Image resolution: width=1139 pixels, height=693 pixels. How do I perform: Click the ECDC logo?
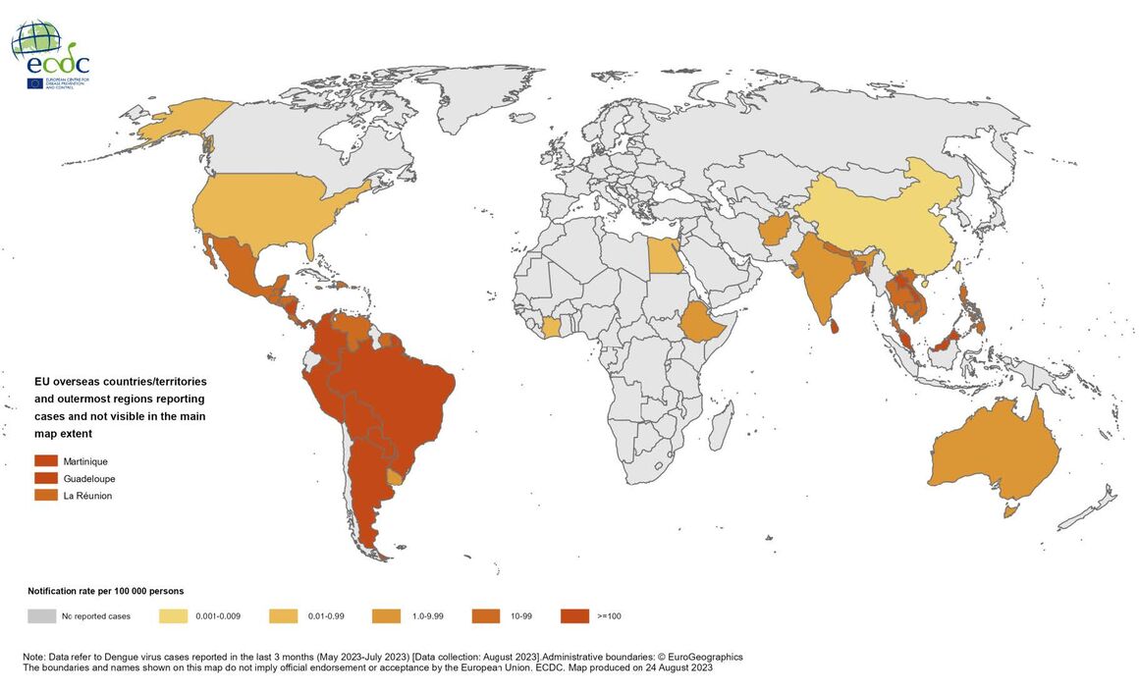[x=51, y=55]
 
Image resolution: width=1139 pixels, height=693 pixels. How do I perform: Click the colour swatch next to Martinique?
[x=46, y=461]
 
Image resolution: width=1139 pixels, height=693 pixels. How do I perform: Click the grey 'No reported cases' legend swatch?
[x=41, y=616]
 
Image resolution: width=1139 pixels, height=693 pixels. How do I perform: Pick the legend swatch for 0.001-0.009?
[x=173, y=616]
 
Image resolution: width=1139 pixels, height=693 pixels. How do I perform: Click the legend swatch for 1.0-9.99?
[x=386, y=616]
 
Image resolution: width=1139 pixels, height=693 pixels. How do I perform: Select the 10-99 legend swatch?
[x=485, y=616]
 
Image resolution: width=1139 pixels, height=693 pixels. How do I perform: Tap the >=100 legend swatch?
[x=574, y=616]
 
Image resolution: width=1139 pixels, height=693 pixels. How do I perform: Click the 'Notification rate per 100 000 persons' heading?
[x=105, y=591]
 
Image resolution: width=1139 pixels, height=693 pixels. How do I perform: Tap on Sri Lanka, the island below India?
[x=834, y=325]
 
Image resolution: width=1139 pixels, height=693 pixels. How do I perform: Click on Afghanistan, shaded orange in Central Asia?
[x=775, y=232]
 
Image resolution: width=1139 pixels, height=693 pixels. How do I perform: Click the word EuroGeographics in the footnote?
[x=700, y=657]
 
